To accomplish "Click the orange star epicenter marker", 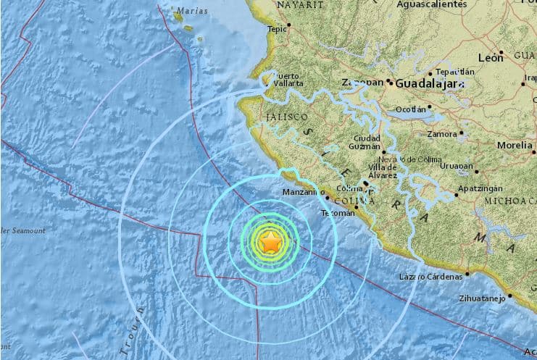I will [x=270, y=243].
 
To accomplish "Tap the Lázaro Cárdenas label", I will [x=430, y=277].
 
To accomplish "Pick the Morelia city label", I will [x=515, y=145].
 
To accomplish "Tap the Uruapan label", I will [x=456, y=166].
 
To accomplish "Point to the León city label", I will [x=491, y=56].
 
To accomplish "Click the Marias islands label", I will [x=191, y=10].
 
